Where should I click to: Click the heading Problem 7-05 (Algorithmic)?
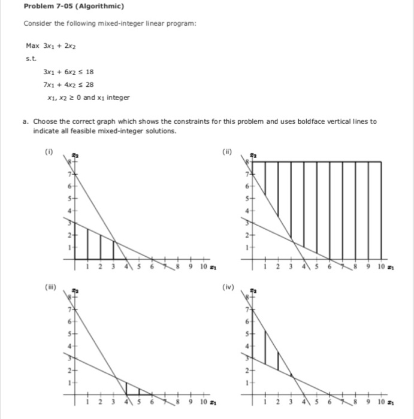[x=74, y=7]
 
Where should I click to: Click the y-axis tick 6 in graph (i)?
[x=70, y=186]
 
